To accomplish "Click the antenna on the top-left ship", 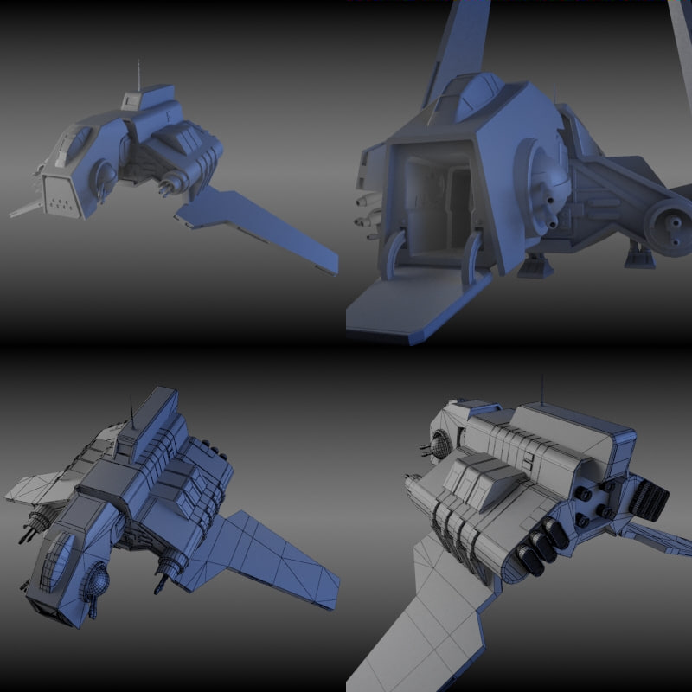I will (x=138, y=74).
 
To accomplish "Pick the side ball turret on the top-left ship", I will (x=104, y=177).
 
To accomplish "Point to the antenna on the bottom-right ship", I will (x=542, y=389).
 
